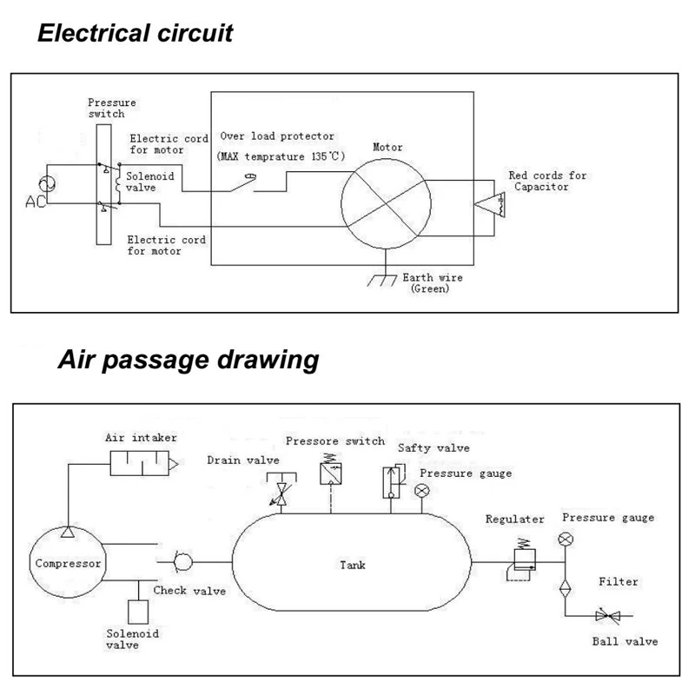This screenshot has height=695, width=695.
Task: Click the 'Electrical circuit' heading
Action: pos(136,35)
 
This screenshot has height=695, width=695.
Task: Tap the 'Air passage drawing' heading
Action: pos(188,361)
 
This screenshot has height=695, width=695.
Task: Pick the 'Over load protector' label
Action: pos(277,136)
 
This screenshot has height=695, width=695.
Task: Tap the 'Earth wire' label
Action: pos(432,278)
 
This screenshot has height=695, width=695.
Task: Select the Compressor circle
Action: pos(68,563)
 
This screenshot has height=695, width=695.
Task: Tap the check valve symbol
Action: pos(185,562)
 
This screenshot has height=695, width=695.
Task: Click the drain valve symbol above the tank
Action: pos(281,492)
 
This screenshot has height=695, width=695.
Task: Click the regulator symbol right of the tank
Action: pos(523,556)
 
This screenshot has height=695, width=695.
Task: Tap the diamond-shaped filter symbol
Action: pos(566,585)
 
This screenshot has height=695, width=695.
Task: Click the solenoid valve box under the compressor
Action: pos(138,611)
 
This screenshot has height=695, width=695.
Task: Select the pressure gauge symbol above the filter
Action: pos(566,539)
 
